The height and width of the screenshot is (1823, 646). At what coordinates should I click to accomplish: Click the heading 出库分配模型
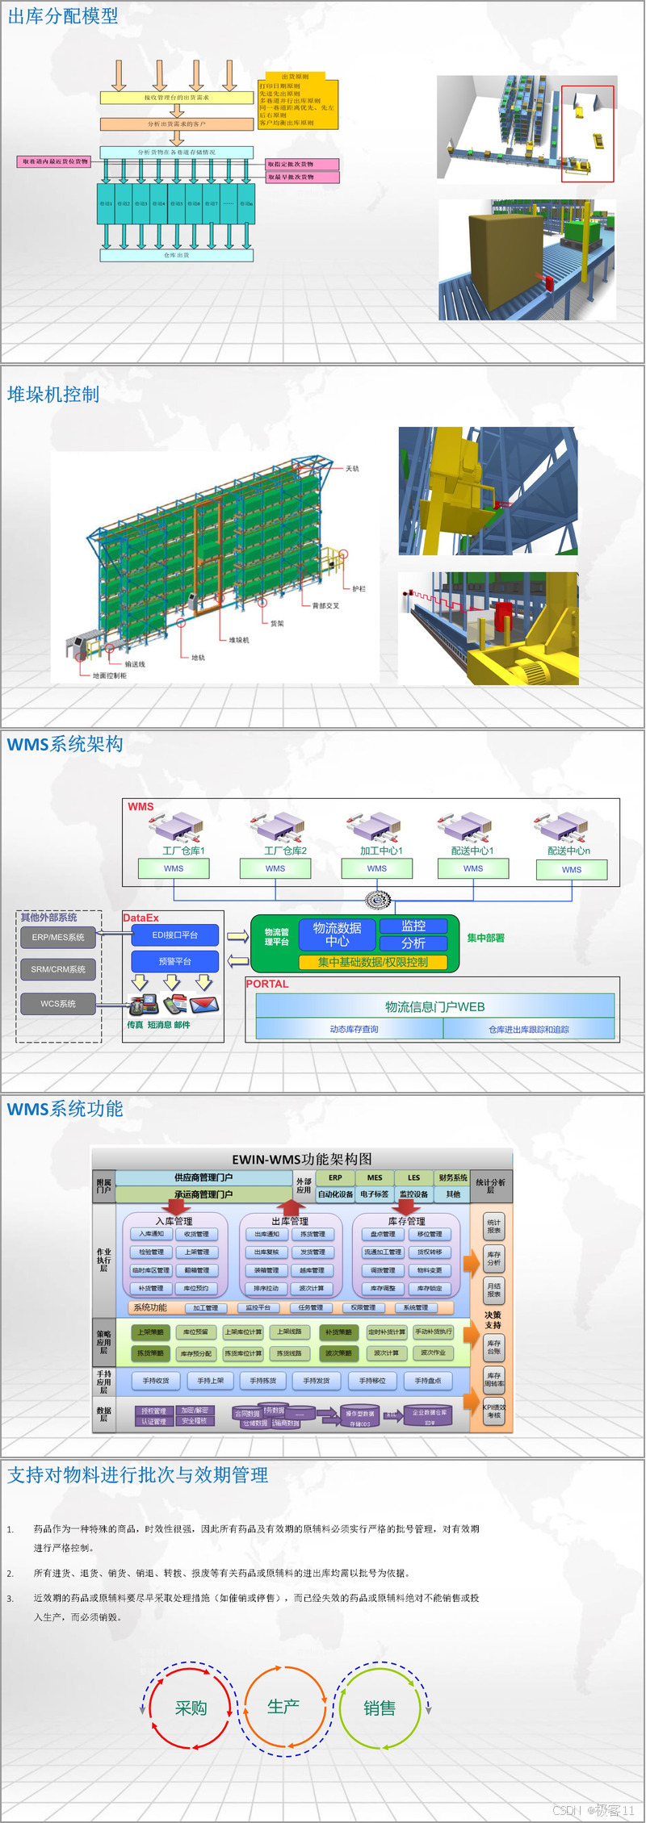63,16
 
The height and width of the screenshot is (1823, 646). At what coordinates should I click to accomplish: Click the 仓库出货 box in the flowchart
176,255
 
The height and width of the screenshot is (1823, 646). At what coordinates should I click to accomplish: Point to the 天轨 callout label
352,469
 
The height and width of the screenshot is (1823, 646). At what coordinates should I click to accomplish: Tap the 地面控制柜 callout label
109,675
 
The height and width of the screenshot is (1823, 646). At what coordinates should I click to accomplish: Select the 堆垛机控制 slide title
53,395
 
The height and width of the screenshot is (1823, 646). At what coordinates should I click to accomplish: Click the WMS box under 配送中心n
571,870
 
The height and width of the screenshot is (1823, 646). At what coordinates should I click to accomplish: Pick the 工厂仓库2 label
285,851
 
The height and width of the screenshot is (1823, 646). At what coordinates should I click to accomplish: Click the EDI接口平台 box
175,935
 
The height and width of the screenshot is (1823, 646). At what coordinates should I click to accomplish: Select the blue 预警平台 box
175,962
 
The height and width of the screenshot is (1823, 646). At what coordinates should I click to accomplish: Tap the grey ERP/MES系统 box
58,938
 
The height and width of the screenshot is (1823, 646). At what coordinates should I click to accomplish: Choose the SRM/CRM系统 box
58,969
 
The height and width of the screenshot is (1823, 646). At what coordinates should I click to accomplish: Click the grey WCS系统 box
58,1004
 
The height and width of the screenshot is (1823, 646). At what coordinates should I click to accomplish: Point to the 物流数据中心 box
337,934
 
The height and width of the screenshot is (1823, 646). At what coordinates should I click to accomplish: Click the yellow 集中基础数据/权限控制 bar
373,962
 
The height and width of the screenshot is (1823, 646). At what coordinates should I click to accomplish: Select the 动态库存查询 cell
354,1030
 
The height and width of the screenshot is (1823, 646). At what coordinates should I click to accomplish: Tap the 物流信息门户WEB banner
434,1006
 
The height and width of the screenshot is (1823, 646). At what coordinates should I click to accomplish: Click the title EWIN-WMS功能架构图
302,1160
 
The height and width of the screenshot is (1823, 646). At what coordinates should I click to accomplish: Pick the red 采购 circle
191,1708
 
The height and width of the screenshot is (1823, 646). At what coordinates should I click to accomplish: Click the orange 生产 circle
283,1707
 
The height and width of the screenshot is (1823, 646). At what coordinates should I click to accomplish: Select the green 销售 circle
379,1708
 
